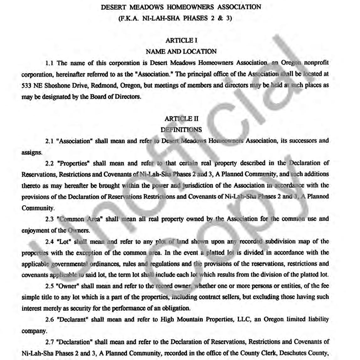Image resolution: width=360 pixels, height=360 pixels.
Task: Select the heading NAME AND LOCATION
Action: tap(181, 51)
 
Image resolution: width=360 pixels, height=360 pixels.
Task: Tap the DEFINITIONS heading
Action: tap(181, 130)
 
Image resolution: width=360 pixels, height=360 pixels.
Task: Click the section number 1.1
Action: tap(50, 63)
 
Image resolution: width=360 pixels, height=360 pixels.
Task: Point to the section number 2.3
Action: tap(50, 219)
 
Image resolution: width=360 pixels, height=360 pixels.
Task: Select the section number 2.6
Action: tap(50, 320)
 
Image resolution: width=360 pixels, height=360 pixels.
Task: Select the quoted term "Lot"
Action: tap(64, 242)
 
